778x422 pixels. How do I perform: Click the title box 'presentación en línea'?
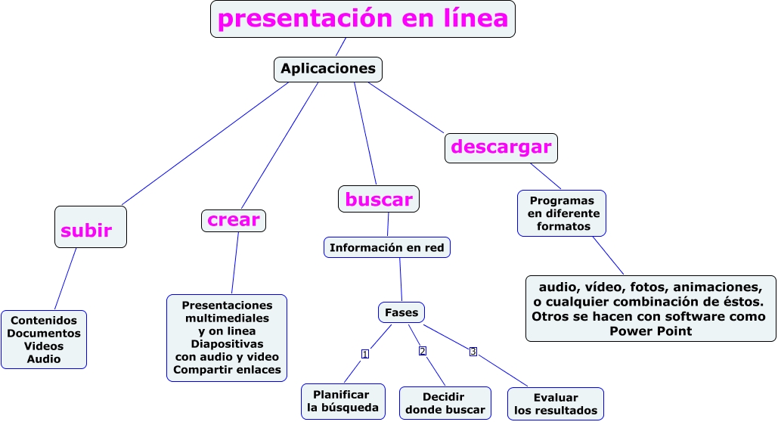pos(363,19)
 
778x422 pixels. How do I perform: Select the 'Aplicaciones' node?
pos(327,69)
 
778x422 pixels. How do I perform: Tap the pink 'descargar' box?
pos(501,147)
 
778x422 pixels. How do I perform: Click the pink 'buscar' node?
pos(378,200)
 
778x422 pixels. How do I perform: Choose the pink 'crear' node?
pos(233,220)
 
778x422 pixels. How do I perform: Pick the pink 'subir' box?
pos(90,227)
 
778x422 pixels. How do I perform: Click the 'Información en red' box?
pos(387,247)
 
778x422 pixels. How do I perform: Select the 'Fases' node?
pos(401,312)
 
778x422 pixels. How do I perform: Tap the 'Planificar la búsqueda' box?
pos(343,402)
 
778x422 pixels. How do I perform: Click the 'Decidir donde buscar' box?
pos(445,403)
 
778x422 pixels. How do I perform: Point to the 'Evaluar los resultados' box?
pos(555,404)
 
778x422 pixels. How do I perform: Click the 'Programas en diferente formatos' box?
pos(561,213)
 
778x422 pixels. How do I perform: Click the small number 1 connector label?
pos(365,354)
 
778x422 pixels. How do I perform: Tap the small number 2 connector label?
pos(423,350)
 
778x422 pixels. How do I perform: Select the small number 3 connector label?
pos(473,351)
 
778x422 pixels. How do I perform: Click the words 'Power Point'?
pos(650,330)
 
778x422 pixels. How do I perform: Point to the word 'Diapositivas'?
pos(227,343)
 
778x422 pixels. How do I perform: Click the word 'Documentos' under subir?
pos(44,333)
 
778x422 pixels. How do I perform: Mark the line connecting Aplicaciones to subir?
pos(204,144)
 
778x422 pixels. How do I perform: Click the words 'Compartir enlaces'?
pos(227,370)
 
